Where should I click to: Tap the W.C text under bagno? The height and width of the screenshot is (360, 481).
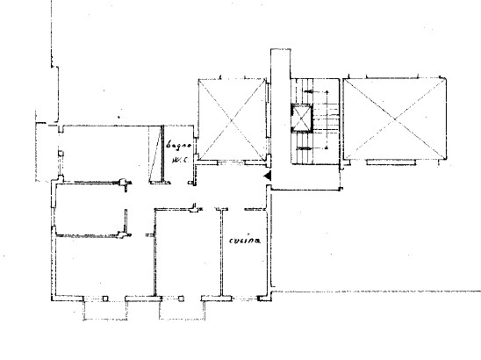[x=180, y=160]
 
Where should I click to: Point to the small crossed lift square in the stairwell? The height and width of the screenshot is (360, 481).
[x=302, y=116]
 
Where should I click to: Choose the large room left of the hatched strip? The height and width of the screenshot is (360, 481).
[x=104, y=151]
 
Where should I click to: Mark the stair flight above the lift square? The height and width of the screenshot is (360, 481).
[x=315, y=91]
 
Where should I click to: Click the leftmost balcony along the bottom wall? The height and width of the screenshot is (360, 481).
[x=104, y=308]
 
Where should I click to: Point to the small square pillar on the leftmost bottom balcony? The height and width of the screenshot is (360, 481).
[x=105, y=301]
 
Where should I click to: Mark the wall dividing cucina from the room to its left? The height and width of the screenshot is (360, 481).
[x=219, y=255]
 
